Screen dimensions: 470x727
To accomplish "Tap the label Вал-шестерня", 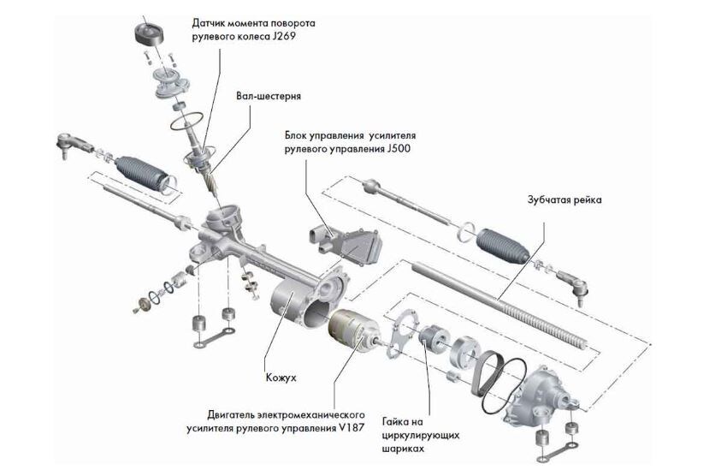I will (268, 97).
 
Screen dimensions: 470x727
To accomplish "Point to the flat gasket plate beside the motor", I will (403, 335).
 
